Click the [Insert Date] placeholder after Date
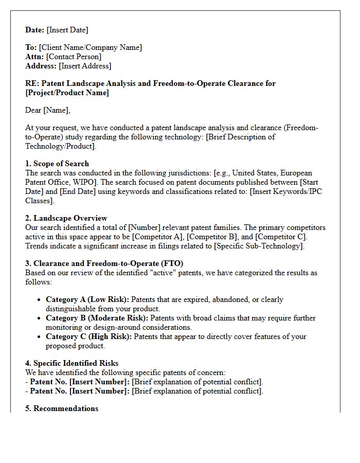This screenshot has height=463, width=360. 67,30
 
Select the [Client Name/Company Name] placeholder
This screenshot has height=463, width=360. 90,47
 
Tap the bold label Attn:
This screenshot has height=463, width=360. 34,57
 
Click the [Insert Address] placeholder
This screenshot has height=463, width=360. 85,66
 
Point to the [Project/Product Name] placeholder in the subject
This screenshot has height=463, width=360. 67,93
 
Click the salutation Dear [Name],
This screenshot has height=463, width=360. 48,110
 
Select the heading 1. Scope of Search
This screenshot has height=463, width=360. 57,164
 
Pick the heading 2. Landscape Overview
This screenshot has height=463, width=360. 66,218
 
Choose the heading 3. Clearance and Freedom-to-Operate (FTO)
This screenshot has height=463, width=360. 104,263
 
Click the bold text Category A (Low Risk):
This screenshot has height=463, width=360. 87,299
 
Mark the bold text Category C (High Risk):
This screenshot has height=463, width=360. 88,336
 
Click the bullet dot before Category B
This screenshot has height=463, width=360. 40,318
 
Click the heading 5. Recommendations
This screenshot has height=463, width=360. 62,408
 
